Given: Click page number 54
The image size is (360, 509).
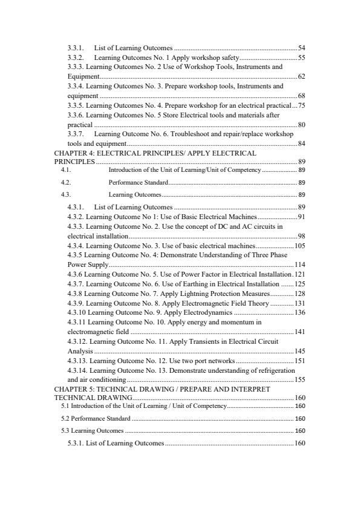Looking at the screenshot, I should pyautogui.click(x=301, y=48).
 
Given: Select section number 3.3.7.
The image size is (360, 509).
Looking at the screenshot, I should pyautogui.click(x=76, y=133).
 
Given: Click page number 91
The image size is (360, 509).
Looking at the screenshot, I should pyautogui.click(x=301, y=216).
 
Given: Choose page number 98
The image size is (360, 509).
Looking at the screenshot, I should pyautogui.click(x=301, y=235).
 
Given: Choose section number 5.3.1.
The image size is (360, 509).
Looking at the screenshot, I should pyautogui.click(x=77, y=444).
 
